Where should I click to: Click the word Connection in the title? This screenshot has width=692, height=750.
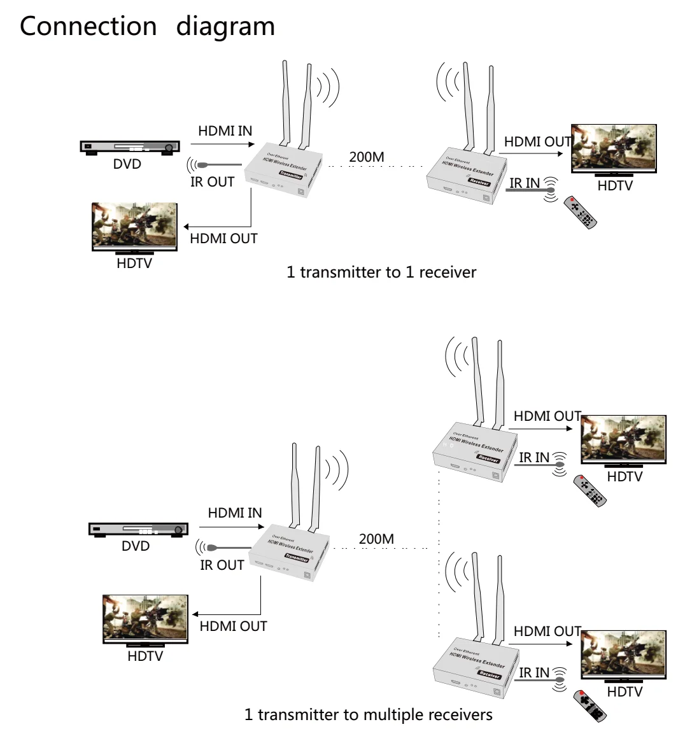88,27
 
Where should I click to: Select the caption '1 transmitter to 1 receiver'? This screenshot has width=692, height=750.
381,272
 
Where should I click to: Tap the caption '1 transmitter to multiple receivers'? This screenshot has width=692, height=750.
368,714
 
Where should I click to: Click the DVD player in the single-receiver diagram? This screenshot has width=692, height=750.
128,147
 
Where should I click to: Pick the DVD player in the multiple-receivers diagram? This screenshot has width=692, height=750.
138,529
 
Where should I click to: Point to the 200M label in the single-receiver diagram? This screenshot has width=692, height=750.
367,157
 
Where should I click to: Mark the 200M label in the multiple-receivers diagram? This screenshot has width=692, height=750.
376,539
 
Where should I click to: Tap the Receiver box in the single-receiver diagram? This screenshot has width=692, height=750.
468,175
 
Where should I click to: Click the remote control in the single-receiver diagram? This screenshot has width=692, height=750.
581,213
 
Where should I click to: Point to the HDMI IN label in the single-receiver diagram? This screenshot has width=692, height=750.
225,131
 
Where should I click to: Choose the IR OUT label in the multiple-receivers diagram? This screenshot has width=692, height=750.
222,565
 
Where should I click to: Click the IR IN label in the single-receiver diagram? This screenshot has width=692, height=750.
525,183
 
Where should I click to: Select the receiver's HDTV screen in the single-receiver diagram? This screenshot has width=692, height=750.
614,148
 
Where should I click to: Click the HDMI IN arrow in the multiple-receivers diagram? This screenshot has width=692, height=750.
231,527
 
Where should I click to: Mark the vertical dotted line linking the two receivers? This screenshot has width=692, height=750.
439,554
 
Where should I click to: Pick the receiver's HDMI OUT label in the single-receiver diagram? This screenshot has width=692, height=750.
537,142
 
